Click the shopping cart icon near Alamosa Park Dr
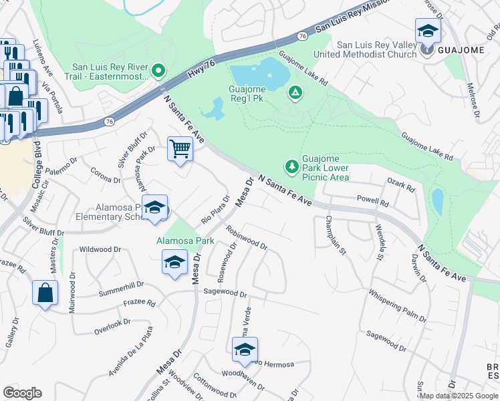[x=180, y=148]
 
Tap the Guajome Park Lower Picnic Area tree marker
[x=291, y=165]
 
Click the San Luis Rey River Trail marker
[x=158, y=70]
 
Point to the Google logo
[x=22, y=393]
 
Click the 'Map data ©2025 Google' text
[x=459, y=396]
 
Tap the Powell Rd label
[x=372, y=200]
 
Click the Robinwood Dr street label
[x=246, y=238]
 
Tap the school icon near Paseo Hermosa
[x=245, y=349]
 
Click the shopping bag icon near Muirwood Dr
[x=45, y=292]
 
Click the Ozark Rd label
[x=400, y=185]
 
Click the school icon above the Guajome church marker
[x=428, y=31]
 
